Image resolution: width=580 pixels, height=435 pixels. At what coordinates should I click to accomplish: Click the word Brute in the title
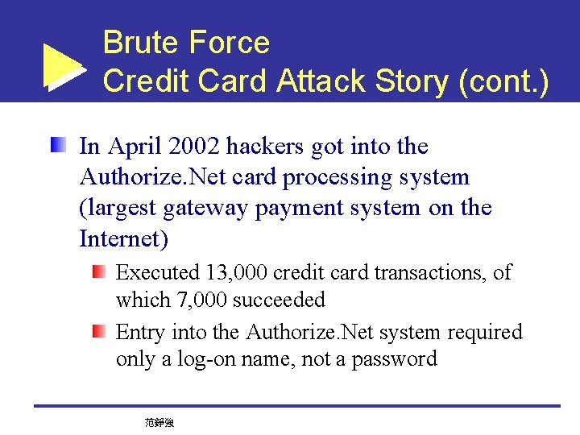(x=139, y=43)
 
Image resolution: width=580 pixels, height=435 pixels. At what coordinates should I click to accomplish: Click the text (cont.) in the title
(x=503, y=81)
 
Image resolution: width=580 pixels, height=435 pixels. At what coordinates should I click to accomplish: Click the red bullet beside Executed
(x=98, y=272)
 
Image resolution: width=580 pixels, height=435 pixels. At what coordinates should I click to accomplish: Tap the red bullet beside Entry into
(x=98, y=331)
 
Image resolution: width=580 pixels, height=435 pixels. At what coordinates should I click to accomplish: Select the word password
(x=396, y=359)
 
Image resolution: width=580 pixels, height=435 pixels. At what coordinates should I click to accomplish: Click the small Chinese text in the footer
(x=159, y=422)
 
